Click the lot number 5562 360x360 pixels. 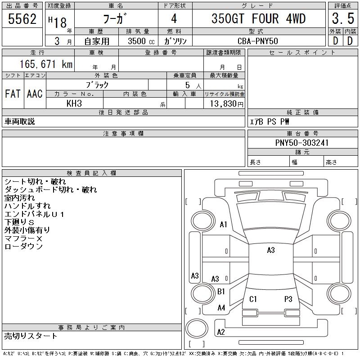[22, 19]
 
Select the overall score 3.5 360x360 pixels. [343, 18]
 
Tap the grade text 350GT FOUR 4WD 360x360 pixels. [258, 18]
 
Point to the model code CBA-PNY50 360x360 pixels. [258, 41]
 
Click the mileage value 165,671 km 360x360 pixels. [46, 64]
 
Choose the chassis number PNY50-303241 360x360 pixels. [302, 143]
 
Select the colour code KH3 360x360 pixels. [74, 103]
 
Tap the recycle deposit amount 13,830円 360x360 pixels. [227, 104]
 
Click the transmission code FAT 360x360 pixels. [13, 94]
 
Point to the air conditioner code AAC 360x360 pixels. [35, 94]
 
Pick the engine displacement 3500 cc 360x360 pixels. [141, 41]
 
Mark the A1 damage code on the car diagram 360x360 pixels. [223, 224]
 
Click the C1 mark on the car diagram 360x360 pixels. [253, 299]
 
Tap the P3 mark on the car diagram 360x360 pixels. [288, 299]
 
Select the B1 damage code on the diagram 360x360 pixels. [221, 292]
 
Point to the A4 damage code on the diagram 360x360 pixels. [221, 308]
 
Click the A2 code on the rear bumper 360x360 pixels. [221, 332]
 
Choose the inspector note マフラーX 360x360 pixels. [23, 238]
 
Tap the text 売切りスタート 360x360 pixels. [31, 336]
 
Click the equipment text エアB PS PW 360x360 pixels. [270, 121]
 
